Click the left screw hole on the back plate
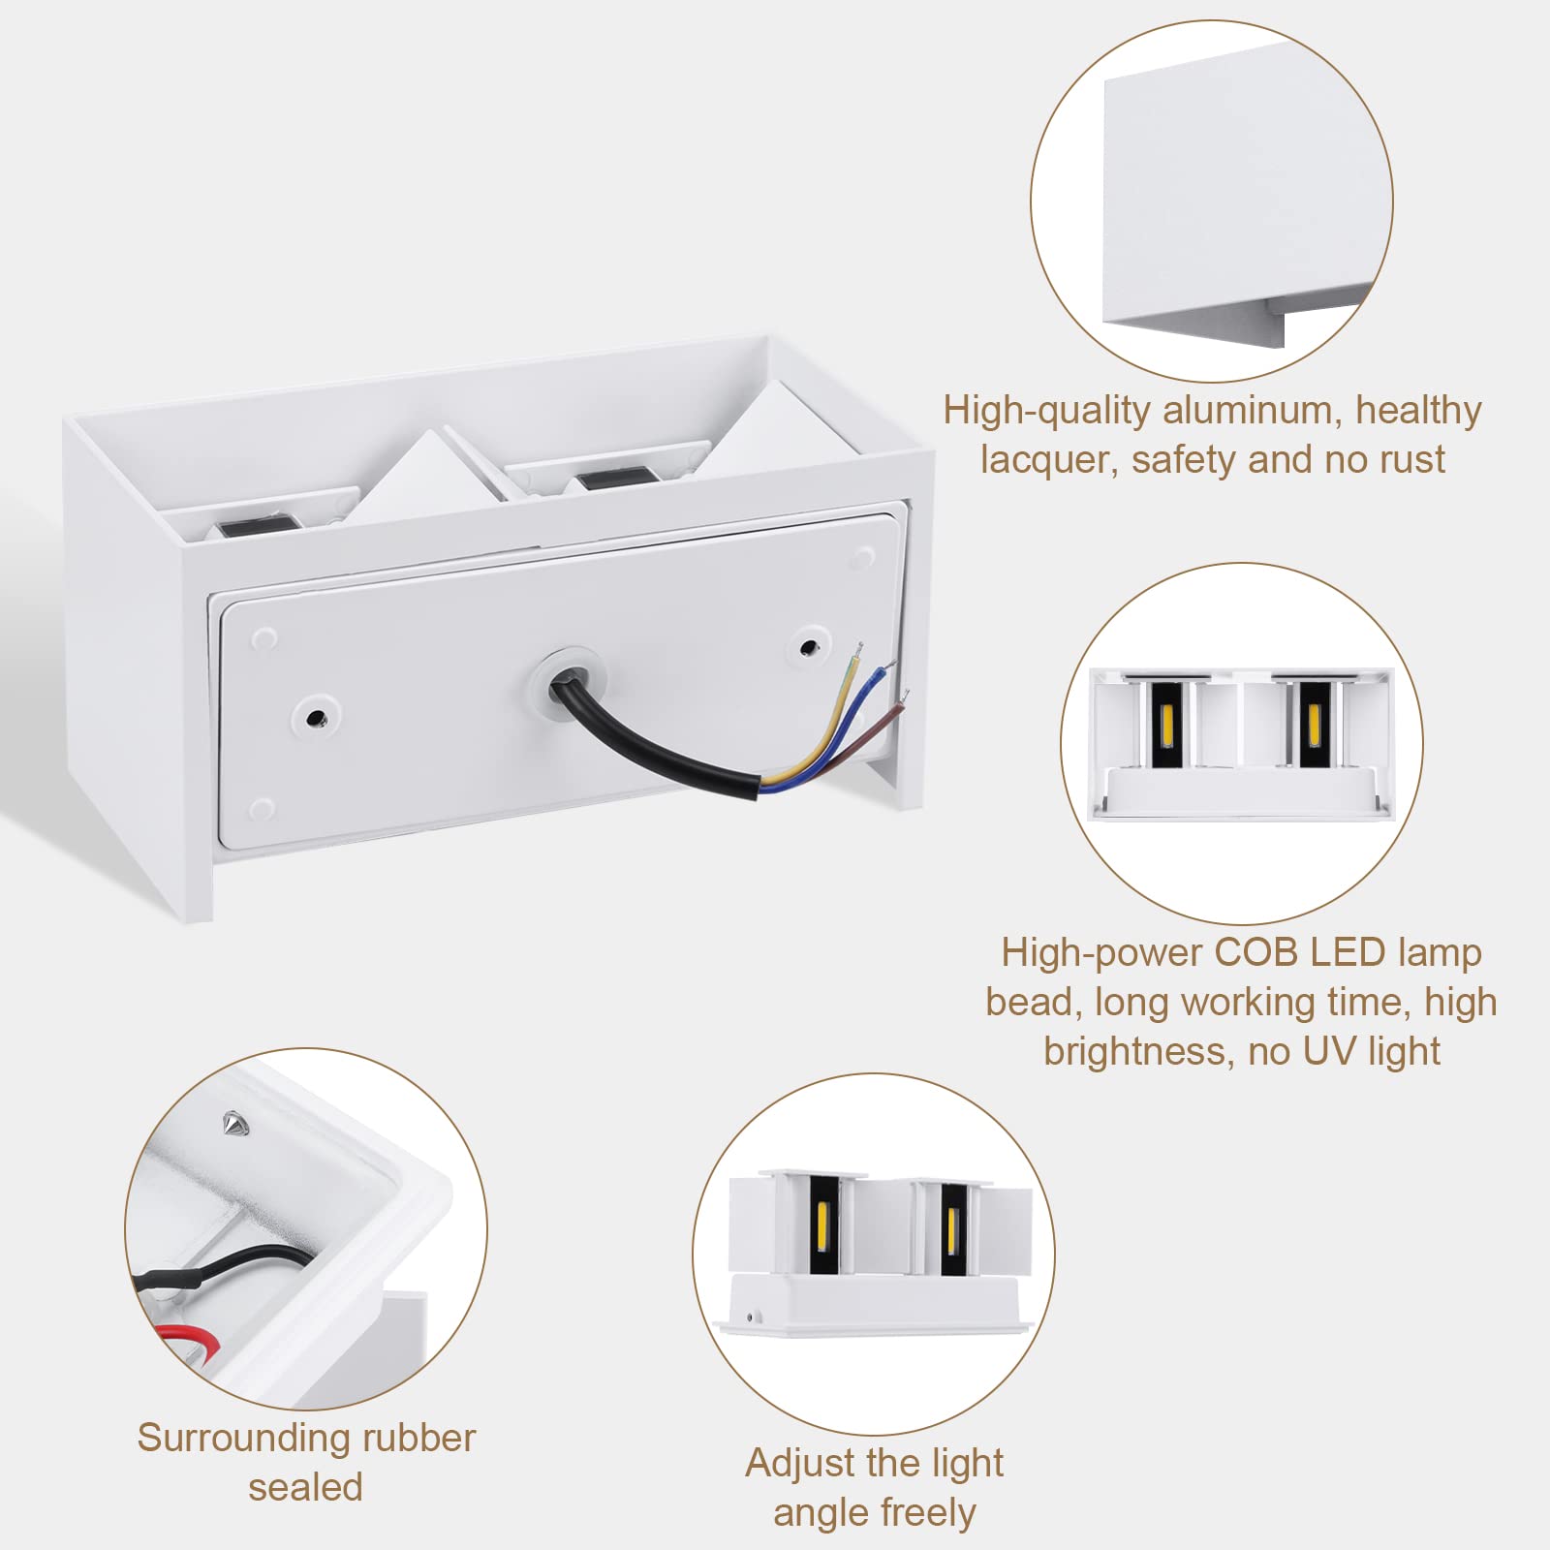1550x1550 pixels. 315,717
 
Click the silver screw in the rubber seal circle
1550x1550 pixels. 233,1123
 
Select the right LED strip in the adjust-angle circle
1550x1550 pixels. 951,1228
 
